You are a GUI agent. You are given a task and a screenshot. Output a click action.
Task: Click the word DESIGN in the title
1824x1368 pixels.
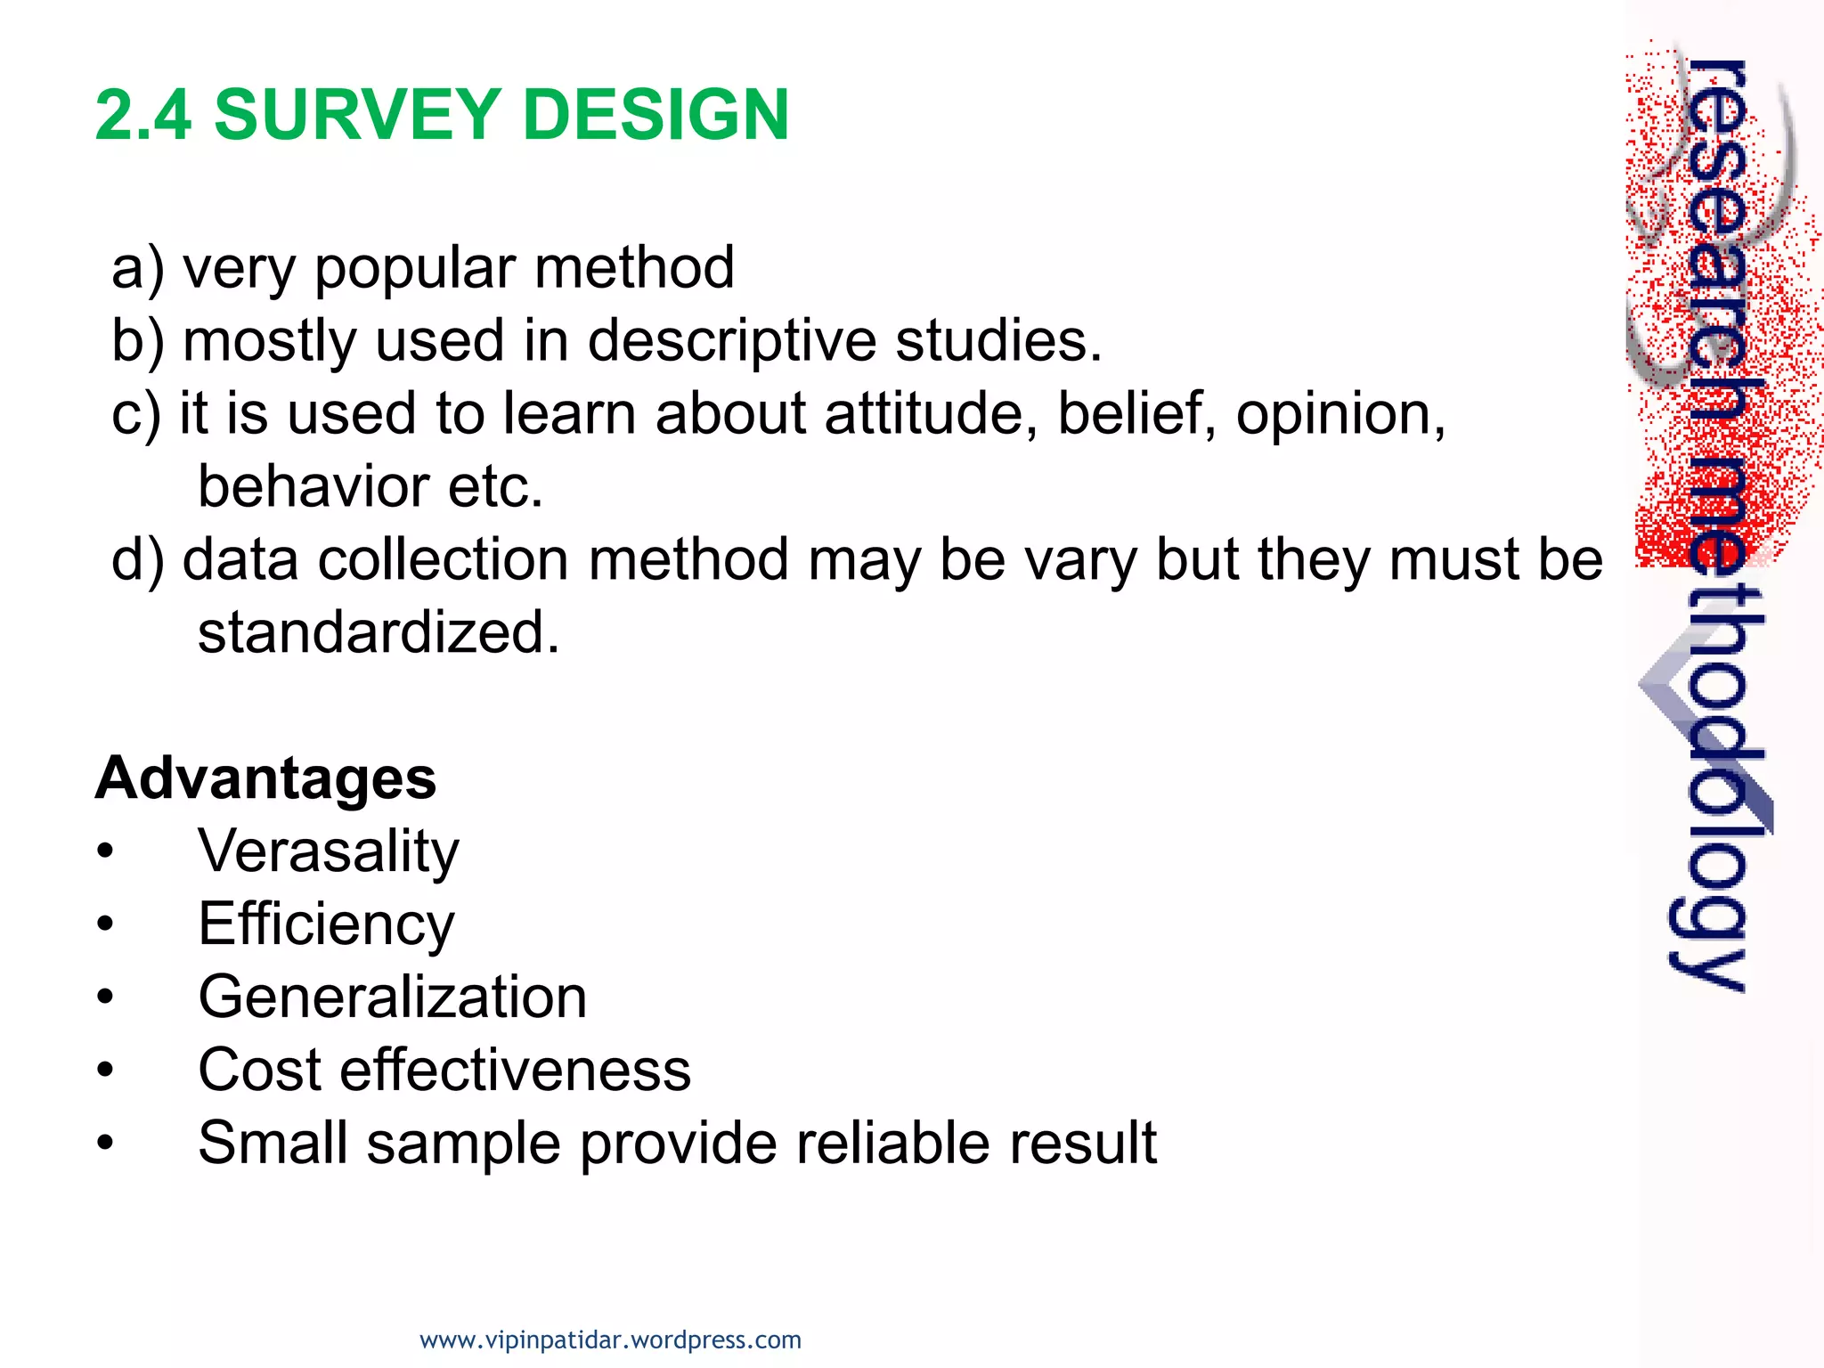coord(655,115)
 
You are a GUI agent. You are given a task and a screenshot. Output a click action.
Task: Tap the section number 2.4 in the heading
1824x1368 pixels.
coord(142,115)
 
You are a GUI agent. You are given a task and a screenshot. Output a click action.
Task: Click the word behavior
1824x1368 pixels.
coord(312,487)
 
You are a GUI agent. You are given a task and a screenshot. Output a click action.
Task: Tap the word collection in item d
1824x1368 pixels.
coord(442,560)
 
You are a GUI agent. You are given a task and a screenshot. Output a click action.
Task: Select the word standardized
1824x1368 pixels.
coord(379,633)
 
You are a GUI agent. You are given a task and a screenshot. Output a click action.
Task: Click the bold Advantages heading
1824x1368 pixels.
coord(265,778)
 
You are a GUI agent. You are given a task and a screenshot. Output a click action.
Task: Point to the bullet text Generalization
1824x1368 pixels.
coord(392,997)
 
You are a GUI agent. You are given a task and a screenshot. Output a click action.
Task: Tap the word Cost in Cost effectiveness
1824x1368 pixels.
coord(258,1070)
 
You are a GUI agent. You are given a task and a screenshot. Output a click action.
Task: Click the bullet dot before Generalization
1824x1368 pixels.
coord(106,997)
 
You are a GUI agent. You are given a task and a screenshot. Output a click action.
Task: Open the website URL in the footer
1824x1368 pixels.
coord(610,1339)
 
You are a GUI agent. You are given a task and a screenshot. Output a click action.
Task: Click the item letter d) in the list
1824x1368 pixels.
coord(138,560)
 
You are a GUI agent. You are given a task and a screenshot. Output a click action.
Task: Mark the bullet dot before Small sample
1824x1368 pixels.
coord(106,1143)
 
